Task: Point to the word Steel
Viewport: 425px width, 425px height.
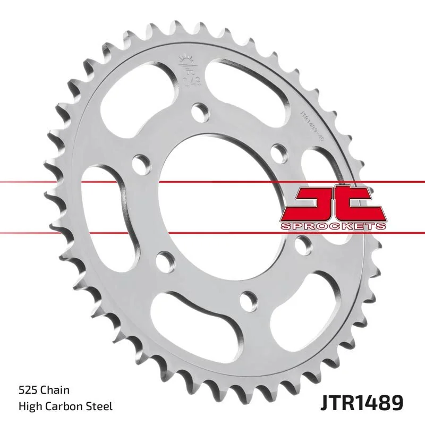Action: [x=99, y=406]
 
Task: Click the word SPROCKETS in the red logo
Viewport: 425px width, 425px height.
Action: [x=331, y=226]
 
